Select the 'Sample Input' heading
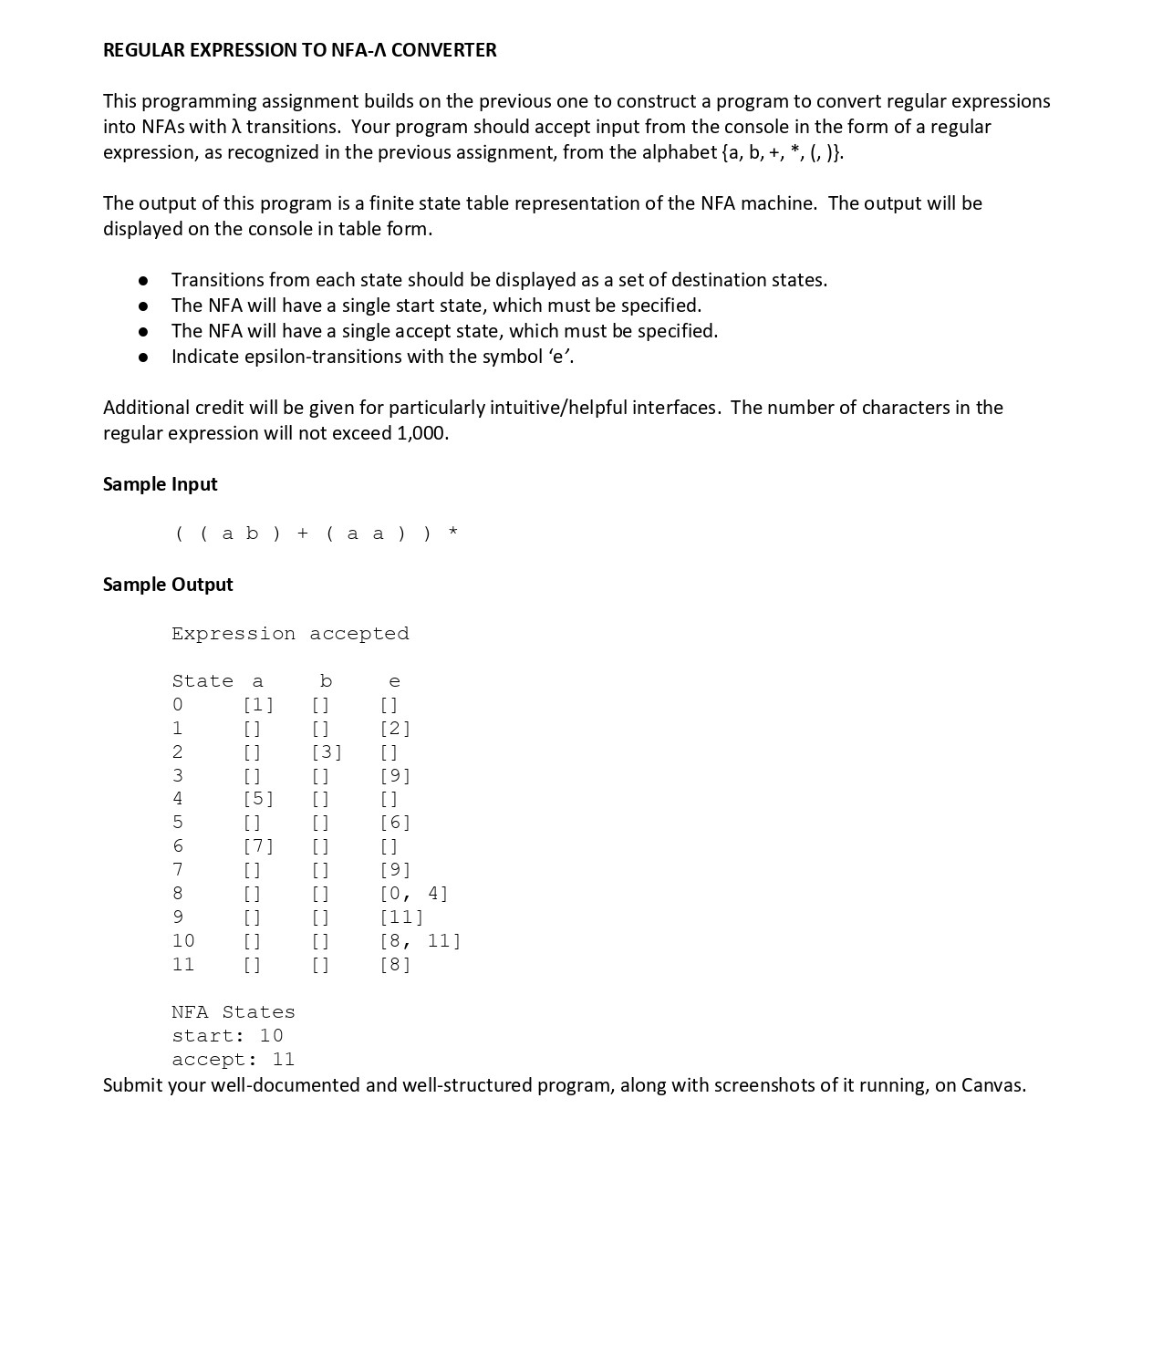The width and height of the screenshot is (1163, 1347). coord(160,484)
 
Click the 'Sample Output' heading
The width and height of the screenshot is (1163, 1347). coord(168,585)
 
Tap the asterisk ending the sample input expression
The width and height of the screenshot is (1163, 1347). coord(452,534)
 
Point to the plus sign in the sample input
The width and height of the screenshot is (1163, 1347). coord(303,534)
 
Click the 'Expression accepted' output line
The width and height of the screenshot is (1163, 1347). coord(290,634)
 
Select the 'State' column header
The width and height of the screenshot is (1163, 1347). coord(202,681)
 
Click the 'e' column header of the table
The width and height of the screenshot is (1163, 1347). coord(394,681)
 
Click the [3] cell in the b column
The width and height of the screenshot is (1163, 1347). coord(327,752)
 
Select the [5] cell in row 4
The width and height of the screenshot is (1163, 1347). coord(258,799)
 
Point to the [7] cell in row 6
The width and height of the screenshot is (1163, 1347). coord(258,846)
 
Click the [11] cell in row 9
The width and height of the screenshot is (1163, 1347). coord(401,917)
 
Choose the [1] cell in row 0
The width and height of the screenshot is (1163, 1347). coord(258,705)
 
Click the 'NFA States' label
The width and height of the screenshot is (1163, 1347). coord(234,1012)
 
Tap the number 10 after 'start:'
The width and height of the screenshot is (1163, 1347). coord(271,1036)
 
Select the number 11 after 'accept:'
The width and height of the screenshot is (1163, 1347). coord(283,1060)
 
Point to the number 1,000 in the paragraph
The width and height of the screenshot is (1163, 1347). coord(421,433)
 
